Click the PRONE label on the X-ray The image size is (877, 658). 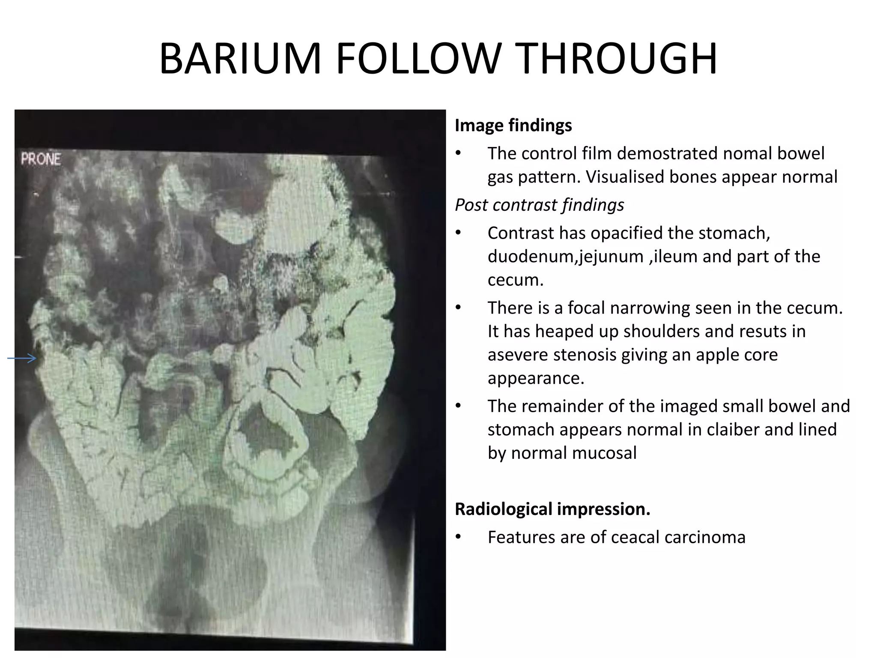(41, 159)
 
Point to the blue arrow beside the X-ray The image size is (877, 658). (22, 359)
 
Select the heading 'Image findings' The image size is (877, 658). (513, 126)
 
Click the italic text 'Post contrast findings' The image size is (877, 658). (539, 205)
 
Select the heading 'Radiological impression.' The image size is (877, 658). (552, 509)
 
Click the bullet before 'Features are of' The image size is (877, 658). (458, 537)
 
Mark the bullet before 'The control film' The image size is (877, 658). (458, 153)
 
